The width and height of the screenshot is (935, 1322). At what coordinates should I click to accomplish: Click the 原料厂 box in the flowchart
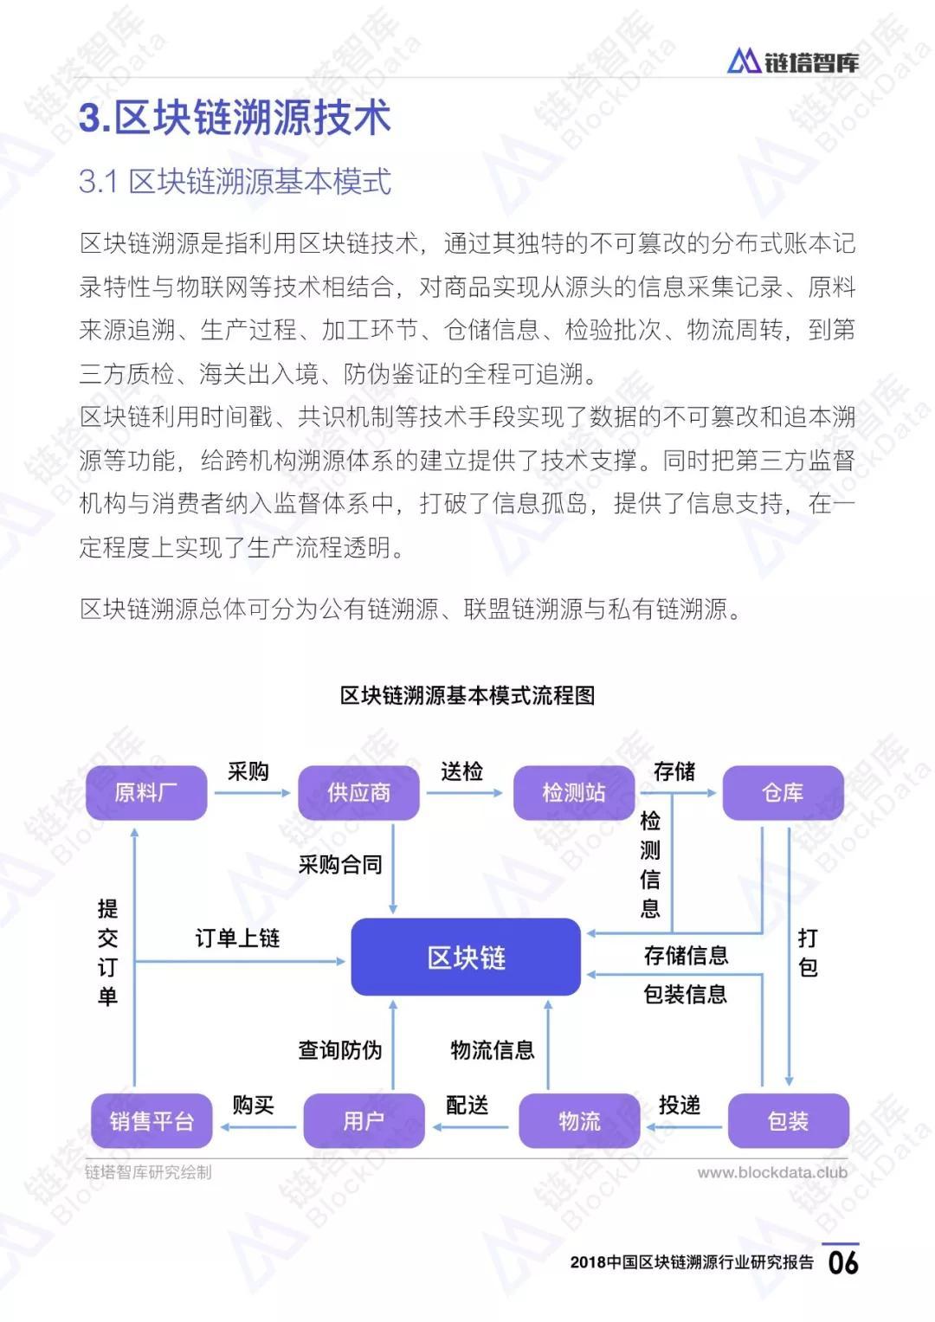point(145,792)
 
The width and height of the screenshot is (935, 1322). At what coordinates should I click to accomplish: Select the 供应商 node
point(358,792)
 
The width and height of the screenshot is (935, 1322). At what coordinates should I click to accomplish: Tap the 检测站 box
point(573,792)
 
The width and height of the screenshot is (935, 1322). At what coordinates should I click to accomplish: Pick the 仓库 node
point(783,792)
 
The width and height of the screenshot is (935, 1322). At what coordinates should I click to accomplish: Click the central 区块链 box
point(466,957)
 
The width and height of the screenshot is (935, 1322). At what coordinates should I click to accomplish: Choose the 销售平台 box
point(152,1121)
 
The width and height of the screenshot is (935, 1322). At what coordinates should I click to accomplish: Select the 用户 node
point(364,1121)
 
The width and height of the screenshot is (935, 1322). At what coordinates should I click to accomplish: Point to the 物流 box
point(579,1121)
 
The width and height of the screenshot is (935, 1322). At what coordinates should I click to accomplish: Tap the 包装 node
point(788,1121)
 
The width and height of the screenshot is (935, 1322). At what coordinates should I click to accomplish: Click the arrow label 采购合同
point(340,864)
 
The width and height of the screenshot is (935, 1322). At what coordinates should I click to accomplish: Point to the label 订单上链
point(237,938)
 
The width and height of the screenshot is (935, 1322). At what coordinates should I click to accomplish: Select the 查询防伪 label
point(340,1050)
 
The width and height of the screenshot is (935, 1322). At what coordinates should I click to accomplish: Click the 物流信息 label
point(493,1050)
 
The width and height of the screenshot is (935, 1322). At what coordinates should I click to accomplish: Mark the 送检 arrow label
point(461,771)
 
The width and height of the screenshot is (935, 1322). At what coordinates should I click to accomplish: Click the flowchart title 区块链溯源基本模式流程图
point(467,695)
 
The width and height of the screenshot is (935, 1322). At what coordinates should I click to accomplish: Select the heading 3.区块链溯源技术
point(235,118)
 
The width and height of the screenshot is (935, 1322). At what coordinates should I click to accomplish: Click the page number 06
point(843,1261)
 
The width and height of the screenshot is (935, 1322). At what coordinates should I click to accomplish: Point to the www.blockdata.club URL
point(772,1172)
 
